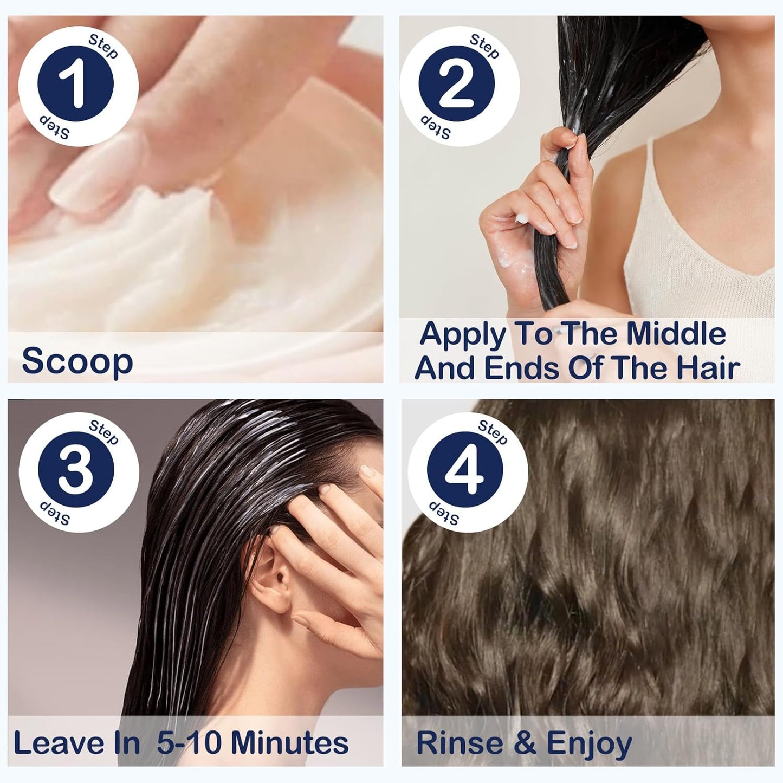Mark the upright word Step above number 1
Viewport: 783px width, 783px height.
point(103,46)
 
